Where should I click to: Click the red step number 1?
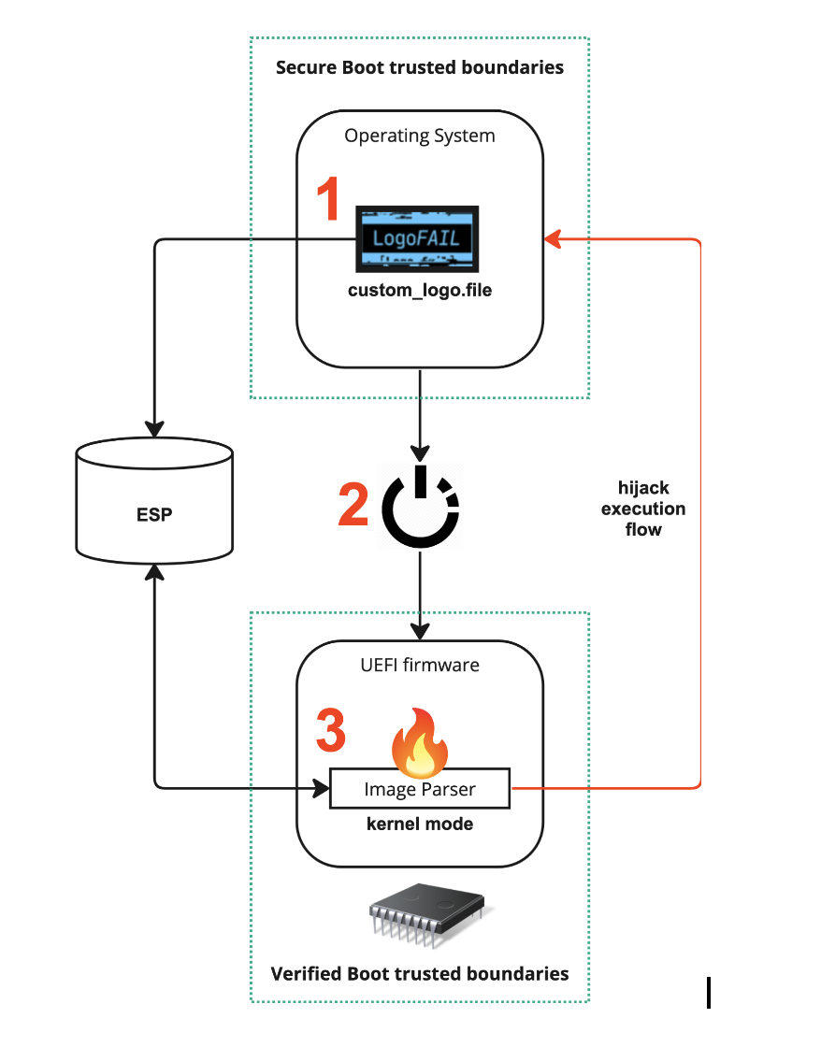(x=327, y=200)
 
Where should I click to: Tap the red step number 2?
(x=353, y=505)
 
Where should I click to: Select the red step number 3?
(x=330, y=730)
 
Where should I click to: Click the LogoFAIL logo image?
(x=417, y=238)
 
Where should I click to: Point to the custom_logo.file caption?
(x=420, y=291)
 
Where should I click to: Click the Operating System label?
(x=420, y=136)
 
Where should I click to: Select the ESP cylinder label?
(x=154, y=514)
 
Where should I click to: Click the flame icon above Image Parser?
(x=419, y=742)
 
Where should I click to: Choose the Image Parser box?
(x=420, y=789)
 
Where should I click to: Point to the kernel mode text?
(x=420, y=825)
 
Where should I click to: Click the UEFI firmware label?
(x=420, y=666)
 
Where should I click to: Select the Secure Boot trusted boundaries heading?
(x=420, y=67)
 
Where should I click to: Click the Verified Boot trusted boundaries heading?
(x=420, y=973)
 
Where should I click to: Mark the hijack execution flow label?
(x=643, y=509)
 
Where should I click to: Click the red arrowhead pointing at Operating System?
(x=552, y=239)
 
